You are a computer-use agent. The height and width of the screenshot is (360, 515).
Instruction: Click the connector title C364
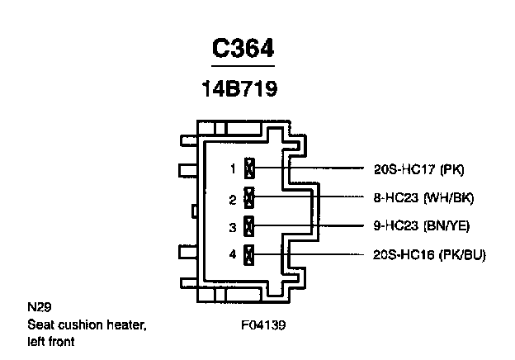(243, 50)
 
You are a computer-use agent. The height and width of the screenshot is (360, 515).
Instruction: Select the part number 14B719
(239, 89)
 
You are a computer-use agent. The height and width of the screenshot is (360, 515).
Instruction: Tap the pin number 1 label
(233, 169)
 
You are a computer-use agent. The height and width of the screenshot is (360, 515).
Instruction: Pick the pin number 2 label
(233, 198)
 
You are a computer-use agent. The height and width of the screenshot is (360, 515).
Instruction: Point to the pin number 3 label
(233, 226)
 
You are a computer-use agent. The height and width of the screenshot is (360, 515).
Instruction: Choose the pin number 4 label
(233, 254)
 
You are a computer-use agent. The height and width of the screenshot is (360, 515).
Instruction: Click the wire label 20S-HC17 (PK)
(418, 169)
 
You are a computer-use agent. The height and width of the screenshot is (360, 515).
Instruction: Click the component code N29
(37, 308)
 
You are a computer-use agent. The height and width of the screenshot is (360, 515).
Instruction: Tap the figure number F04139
(262, 324)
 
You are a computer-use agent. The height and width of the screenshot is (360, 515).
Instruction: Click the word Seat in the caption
(40, 324)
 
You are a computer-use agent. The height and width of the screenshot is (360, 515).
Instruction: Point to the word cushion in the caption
(80, 324)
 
